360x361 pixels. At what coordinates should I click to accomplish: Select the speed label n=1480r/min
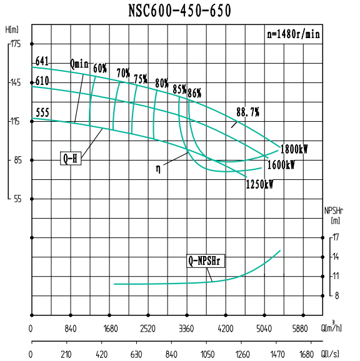[x=294, y=35]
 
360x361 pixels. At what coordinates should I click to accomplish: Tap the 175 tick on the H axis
[x=15, y=44]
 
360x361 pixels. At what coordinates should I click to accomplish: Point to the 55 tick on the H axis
[x=16, y=199]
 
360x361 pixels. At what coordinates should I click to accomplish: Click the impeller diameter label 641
[x=42, y=61]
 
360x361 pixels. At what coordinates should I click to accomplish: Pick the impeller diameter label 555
[x=42, y=113]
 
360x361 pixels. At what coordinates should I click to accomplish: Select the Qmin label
[x=80, y=64]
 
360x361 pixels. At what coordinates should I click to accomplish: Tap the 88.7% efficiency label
[x=247, y=112]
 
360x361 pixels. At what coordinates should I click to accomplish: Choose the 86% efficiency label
[x=194, y=93]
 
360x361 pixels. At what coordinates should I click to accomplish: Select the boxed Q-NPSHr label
[x=206, y=260]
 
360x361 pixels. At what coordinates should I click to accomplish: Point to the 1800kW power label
[x=294, y=149]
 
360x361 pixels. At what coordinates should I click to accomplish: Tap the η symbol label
[x=159, y=167]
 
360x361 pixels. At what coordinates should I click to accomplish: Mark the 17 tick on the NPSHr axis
[x=336, y=237]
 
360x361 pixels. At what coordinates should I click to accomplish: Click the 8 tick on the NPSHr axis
[x=336, y=295]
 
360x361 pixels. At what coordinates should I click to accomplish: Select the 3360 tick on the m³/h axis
[x=187, y=328]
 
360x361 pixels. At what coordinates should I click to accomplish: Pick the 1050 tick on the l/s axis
[x=226, y=354]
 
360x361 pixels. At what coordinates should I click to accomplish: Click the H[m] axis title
[x=11, y=29]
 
